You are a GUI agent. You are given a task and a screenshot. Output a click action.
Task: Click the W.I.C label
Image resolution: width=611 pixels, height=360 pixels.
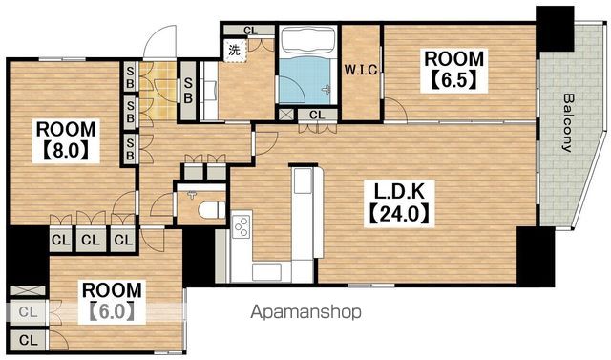click(361, 70)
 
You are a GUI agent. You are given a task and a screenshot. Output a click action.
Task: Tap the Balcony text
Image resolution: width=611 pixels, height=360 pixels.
click(569, 122)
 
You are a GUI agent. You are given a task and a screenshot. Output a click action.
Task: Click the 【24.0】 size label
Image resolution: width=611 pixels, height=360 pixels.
click(399, 213)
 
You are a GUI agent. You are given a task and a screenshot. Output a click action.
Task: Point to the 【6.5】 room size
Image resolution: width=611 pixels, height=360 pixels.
click(454, 80)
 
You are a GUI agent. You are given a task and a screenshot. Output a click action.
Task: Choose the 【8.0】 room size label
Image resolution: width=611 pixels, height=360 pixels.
click(66, 150)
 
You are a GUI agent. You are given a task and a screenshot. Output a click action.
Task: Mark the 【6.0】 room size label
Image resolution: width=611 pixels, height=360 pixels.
click(112, 311)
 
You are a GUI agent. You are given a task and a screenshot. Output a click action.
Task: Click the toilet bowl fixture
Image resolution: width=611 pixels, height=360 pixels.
click(211, 211)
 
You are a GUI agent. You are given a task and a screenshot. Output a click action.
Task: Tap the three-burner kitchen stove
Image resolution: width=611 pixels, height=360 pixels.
click(242, 226)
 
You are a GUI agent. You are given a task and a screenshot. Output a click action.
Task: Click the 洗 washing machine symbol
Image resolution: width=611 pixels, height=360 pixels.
click(234, 50)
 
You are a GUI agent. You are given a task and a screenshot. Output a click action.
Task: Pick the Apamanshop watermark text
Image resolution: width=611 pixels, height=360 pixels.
click(305, 312)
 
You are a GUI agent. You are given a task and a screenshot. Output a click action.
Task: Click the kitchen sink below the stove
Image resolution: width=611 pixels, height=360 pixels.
click(267, 272)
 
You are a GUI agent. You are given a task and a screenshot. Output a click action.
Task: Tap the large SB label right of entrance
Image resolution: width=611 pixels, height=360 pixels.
click(188, 91)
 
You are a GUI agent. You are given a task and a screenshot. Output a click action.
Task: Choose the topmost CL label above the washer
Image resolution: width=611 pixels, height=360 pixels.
click(250, 30)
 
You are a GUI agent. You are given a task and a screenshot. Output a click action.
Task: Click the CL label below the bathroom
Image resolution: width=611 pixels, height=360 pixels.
click(317, 115)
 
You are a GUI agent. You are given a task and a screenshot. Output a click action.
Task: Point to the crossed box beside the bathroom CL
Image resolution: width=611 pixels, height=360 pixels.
click(286, 115)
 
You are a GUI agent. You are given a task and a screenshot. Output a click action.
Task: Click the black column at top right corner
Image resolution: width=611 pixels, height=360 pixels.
click(555, 29)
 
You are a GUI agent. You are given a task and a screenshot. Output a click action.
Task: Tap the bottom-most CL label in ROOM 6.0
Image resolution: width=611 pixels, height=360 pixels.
click(28, 341)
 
